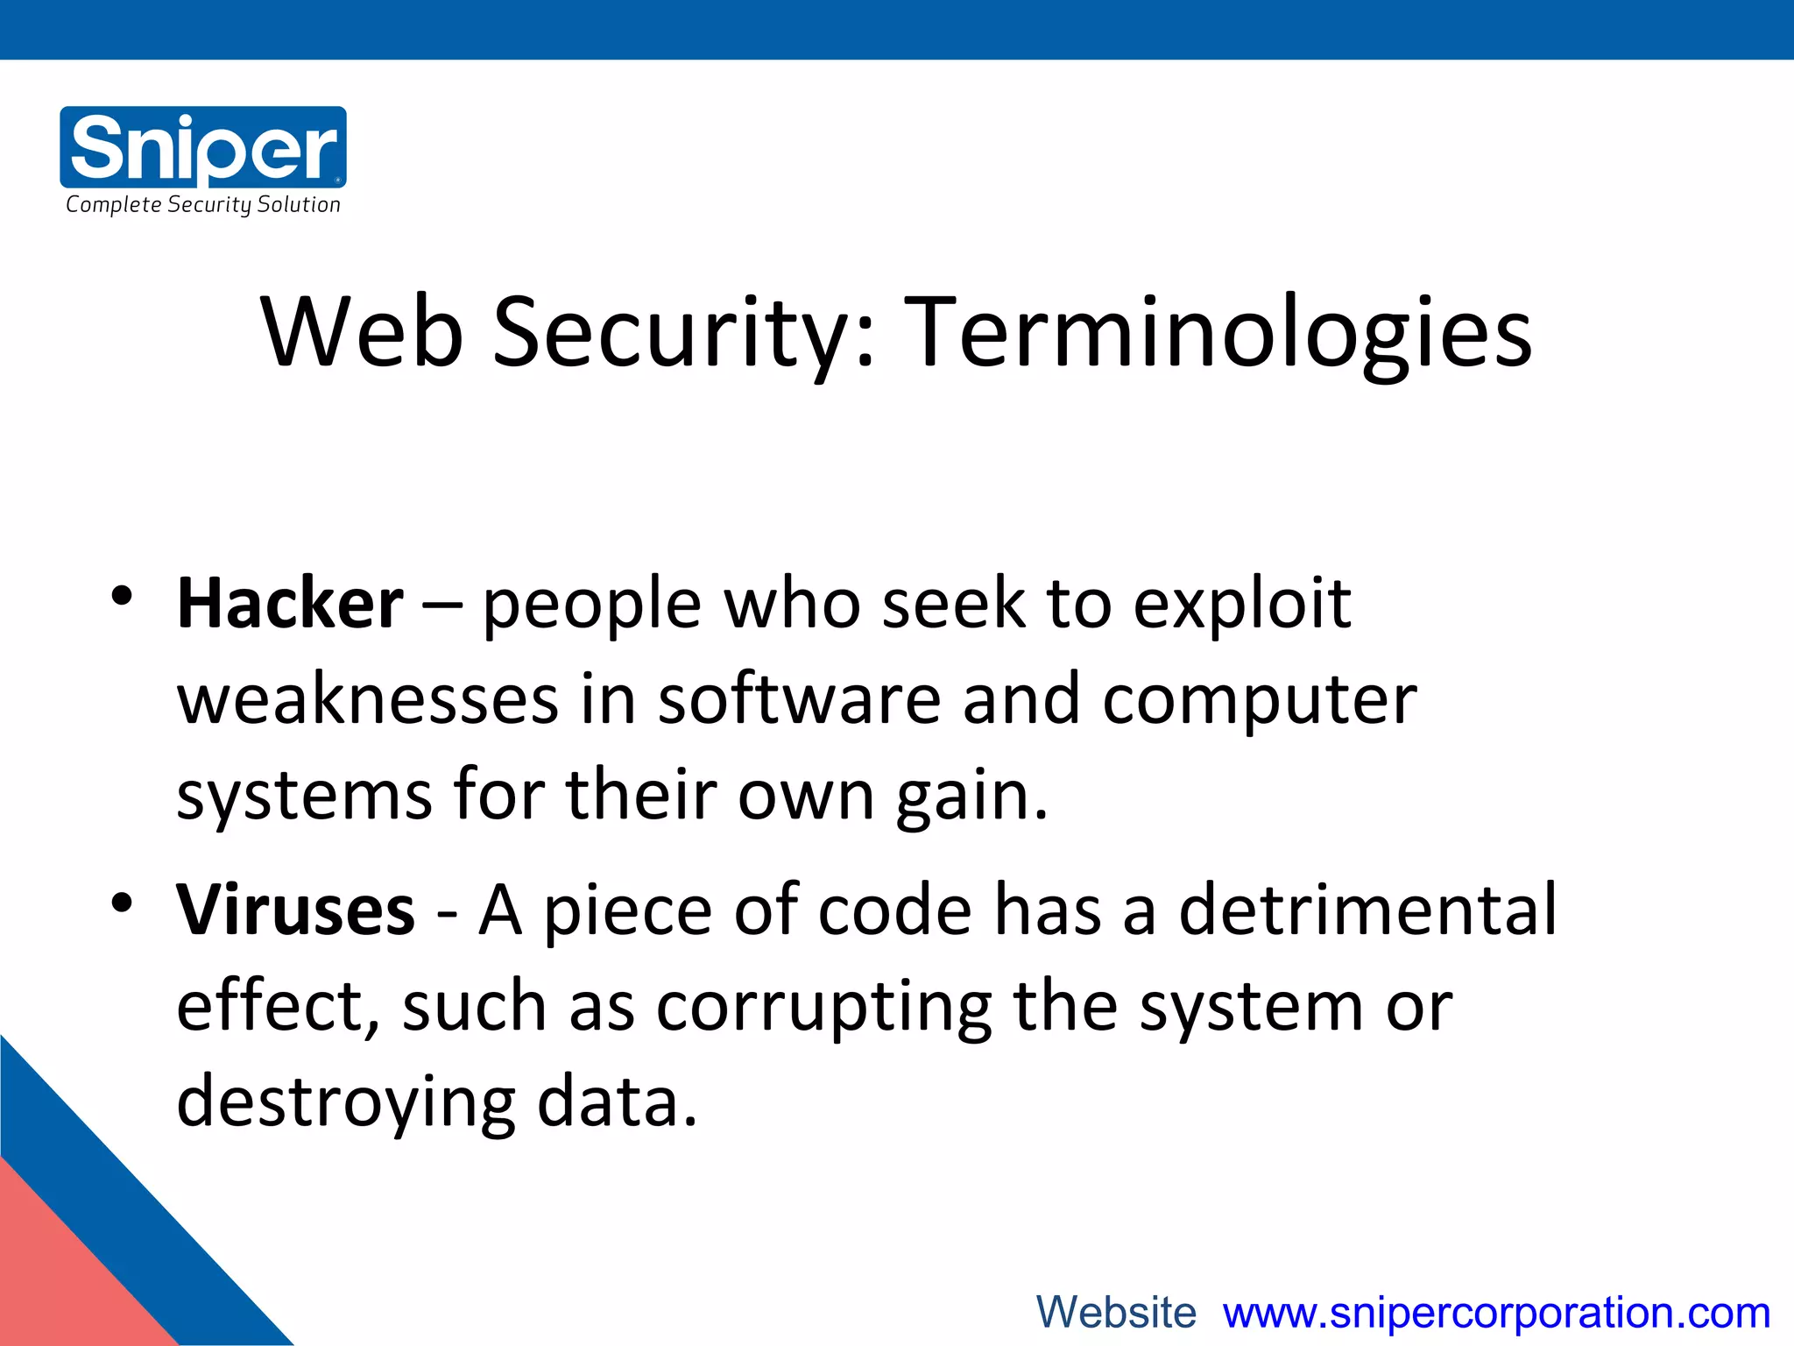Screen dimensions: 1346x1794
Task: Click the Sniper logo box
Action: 203,146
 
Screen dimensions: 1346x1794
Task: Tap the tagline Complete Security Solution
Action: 203,205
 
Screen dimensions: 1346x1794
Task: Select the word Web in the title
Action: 362,333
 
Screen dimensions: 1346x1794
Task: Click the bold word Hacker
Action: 290,605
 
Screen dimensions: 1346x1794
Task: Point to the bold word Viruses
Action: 295,910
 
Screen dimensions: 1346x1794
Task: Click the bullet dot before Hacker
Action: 122,597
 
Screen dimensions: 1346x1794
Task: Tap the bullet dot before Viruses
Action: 122,902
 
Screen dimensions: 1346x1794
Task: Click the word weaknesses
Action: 368,700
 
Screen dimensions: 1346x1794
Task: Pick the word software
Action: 799,700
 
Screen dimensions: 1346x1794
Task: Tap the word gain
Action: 971,797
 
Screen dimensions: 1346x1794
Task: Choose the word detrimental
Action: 1367,910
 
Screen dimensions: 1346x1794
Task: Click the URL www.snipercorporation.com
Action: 1496,1313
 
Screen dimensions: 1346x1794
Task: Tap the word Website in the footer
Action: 1116,1313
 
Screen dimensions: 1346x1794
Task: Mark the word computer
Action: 1259,700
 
